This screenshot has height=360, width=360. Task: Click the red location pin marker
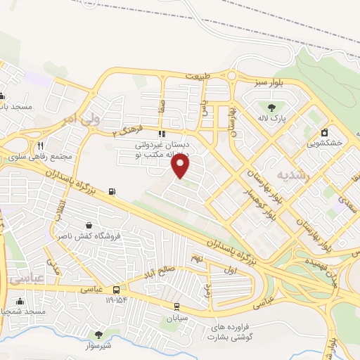point(181,165)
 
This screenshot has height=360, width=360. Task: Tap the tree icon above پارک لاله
point(271,108)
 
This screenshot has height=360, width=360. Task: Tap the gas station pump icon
point(112,191)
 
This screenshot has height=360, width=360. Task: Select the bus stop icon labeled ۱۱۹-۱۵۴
point(116,288)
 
